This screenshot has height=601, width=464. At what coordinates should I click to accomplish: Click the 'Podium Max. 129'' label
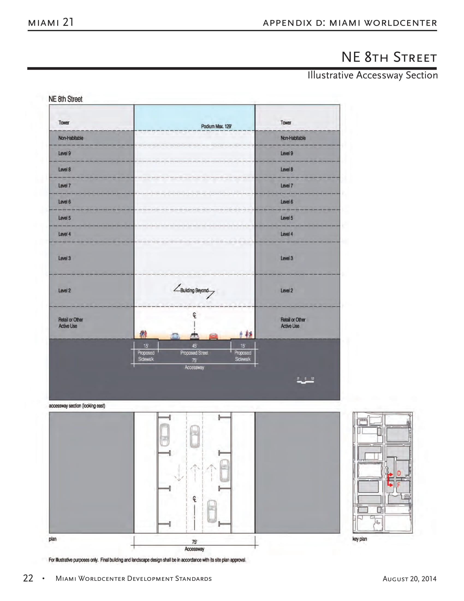click(x=216, y=126)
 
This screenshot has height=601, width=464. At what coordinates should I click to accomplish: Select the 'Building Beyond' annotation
click(x=194, y=291)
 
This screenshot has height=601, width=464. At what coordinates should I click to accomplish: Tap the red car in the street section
click(x=214, y=336)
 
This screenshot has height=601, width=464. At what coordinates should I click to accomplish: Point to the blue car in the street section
click(x=175, y=336)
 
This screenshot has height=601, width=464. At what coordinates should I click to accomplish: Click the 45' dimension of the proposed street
click(x=194, y=346)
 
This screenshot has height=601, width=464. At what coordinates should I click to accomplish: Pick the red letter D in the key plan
click(x=399, y=473)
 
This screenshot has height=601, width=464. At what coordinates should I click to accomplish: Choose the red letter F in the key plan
click(x=398, y=485)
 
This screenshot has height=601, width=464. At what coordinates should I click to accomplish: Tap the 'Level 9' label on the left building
click(x=64, y=153)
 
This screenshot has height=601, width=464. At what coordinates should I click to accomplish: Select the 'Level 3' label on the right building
click(x=286, y=258)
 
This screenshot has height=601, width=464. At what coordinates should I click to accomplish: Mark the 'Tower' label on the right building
click(x=285, y=123)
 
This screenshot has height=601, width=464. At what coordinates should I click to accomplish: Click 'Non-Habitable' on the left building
click(x=71, y=138)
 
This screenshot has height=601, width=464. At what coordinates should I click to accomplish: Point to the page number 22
click(x=28, y=578)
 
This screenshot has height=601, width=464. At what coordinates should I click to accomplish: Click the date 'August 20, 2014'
click(x=409, y=579)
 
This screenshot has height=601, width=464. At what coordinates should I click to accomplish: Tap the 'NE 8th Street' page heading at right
click(x=389, y=57)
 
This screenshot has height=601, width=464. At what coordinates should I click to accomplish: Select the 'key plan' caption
click(x=359, y=539)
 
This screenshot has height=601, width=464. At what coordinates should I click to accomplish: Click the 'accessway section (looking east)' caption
click(x=77, y=406)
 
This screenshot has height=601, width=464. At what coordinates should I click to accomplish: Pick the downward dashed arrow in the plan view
click(x=179, y=473)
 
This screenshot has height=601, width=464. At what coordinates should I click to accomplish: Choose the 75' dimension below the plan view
click(x=194, y=542)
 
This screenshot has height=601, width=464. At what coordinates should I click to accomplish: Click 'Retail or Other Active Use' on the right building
click(x=293, y=323)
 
